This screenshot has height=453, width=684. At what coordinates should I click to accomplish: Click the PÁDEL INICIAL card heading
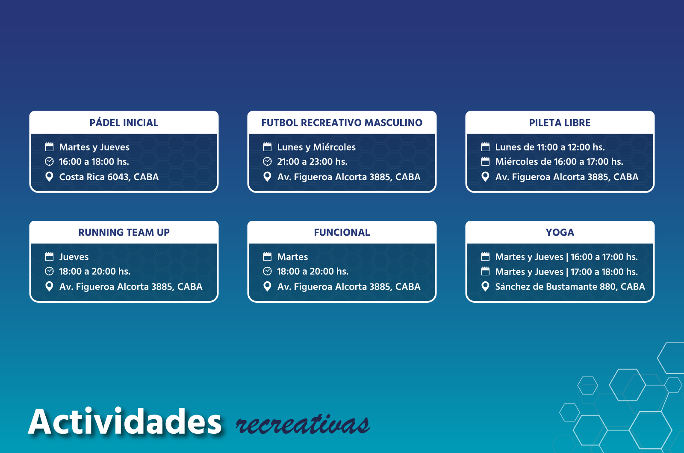click(x=124, y=123)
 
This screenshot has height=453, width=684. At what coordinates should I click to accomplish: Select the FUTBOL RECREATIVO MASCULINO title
click(x=342, y=123)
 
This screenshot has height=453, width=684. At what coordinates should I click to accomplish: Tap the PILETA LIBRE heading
click(x=560, y=123)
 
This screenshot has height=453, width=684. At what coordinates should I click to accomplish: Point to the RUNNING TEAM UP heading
click(x=124, y=233)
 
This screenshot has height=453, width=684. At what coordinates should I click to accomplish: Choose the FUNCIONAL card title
click(x=342, y=233)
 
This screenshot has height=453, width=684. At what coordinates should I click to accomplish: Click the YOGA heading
click(x=560, y=233)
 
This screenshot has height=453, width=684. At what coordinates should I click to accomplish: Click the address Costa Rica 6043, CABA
click(x=109, y=177)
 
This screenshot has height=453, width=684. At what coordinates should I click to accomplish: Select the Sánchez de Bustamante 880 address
click(x=570, y=287)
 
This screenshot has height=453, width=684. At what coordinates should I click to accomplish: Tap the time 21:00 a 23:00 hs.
click(x=312, y=162)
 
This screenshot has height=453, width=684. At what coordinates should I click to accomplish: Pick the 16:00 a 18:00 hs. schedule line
click(x=94, y=162)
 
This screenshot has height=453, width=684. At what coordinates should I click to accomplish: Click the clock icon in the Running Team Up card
click(x=50, y=272)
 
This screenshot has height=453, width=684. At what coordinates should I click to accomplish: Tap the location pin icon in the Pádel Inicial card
click(x=50, y=177)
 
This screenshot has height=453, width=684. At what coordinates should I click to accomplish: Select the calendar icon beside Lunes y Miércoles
click(x=267, y=147)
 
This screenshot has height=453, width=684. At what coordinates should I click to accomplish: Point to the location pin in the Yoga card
click(x=485, y=286)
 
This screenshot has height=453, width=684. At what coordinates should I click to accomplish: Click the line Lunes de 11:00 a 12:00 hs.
click(x=550, y=147)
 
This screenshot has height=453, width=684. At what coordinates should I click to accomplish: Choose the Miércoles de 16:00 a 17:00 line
click(x=559, y=162)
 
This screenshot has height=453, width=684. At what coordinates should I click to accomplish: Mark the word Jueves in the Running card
click(x=74, y=257)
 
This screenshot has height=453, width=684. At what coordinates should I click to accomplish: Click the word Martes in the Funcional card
click(x=292, y=257)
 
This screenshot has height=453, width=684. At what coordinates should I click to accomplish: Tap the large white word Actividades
click(x=125, y=422)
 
